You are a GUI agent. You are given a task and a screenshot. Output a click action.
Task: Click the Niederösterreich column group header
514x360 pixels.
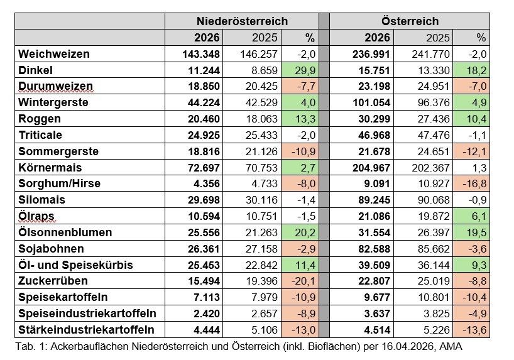pyautogui.click(x=242, y=21)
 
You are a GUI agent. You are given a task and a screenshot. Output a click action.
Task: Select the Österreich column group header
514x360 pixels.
pyautogui.click(x=410, y=21)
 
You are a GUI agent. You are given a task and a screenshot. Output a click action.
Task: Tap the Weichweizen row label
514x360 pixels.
pyautogui.click(x=54, y=54)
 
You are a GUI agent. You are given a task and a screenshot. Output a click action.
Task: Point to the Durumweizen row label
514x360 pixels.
pyautogui.click(x=56, y=87)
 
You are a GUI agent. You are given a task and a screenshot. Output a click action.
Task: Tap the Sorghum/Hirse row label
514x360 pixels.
pyautogui.click(x=60, y=184)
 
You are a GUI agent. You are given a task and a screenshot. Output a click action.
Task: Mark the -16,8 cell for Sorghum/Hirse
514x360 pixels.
pyautogui.click(x=471, y=184)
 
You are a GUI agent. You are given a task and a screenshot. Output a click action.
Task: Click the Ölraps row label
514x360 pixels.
pyautogui.click(x=36, y=216)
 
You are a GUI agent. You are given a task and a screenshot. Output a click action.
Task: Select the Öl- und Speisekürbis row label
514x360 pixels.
pyautogui.click(x=76, y=265)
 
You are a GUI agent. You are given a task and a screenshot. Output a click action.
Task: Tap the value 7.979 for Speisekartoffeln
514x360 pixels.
pyautogui.click(x=251, y=297)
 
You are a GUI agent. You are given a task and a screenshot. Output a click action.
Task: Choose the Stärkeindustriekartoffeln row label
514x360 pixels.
pyautogui.click(x=86, y=330)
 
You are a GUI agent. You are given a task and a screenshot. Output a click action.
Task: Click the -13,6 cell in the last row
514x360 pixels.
pyautogui.click(x=471, y=330)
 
